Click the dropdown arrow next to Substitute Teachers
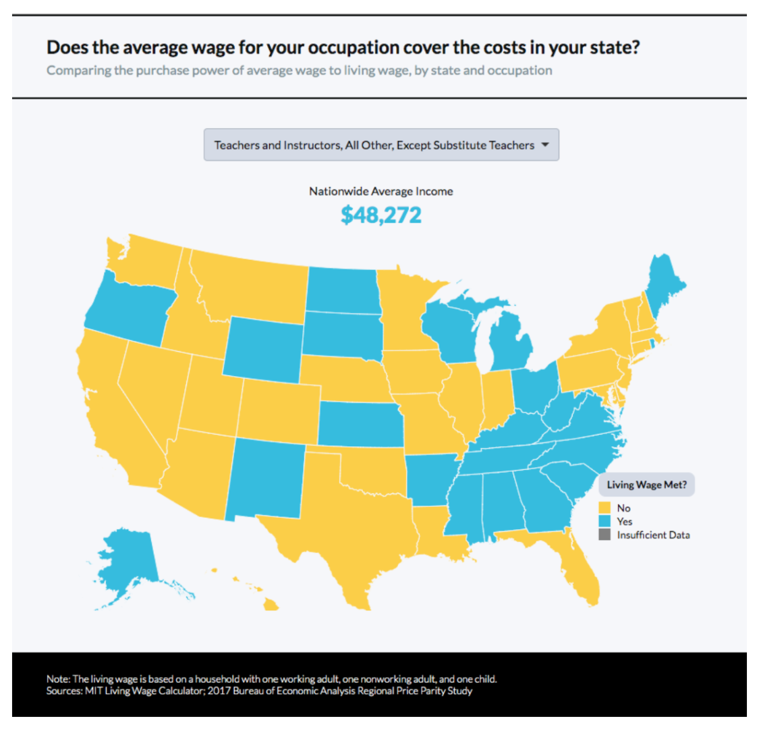click(545, 145)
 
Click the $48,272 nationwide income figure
click(381, 215)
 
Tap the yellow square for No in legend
click(605, 508)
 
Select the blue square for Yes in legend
click(605, 521)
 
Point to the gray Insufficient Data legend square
click(605, 535)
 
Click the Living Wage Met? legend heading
click(646, 485)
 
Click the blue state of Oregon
click(128, 307)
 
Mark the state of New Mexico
click(263, 479)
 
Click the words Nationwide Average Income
click(381, 191)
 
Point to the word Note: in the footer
click(58, 679)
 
